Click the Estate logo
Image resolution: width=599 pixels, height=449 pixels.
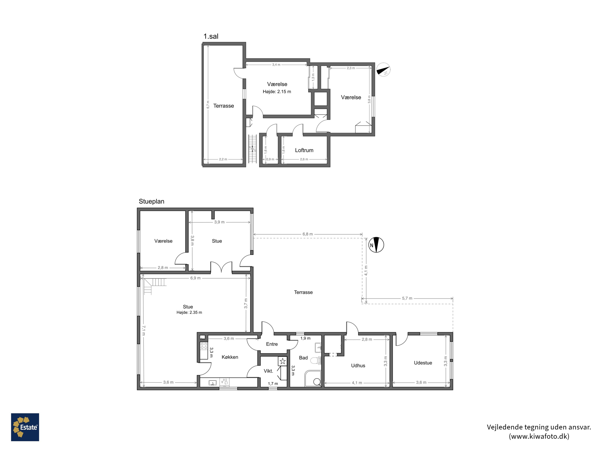[x=25, y=427]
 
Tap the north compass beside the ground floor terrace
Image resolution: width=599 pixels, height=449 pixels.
[x=376, y=245]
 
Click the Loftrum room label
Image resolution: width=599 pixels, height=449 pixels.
[x=304, y=150]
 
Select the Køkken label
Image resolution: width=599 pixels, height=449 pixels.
[x=230, y=357]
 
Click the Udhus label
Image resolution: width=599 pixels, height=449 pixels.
[x=358, y=366]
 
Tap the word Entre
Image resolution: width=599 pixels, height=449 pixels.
[x=272, y=344]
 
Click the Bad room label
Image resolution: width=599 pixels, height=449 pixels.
[x=303, y=358]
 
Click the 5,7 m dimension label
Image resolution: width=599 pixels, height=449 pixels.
[x=407, y=298]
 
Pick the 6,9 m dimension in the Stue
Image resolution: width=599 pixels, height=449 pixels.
[x=195, y=278]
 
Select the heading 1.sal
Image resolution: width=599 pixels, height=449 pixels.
[x=211, y=36]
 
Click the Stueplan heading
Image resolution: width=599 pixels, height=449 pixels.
[x=151, y=201]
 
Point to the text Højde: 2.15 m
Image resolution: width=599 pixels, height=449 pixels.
[x=277, y=91]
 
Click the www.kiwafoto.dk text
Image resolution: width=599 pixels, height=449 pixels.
[x=539, y=436]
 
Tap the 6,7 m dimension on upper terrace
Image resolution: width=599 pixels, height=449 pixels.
[x=208, y=105]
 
